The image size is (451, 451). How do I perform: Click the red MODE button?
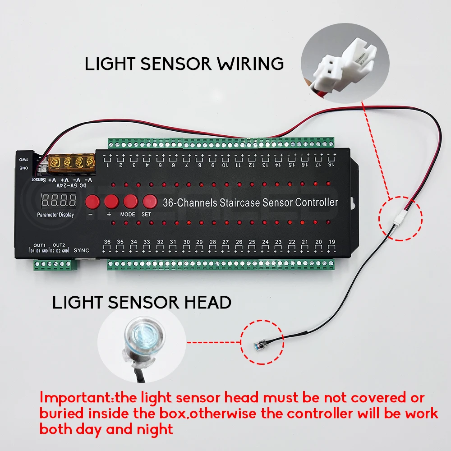pos(130,201)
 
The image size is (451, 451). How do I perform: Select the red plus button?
pos(111,201)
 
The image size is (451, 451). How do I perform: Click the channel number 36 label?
pos(107,242)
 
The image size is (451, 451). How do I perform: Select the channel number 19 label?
pos(331,242)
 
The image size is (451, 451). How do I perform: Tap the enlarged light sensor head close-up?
pos(141,341)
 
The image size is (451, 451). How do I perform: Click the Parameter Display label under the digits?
pos(55,215)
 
